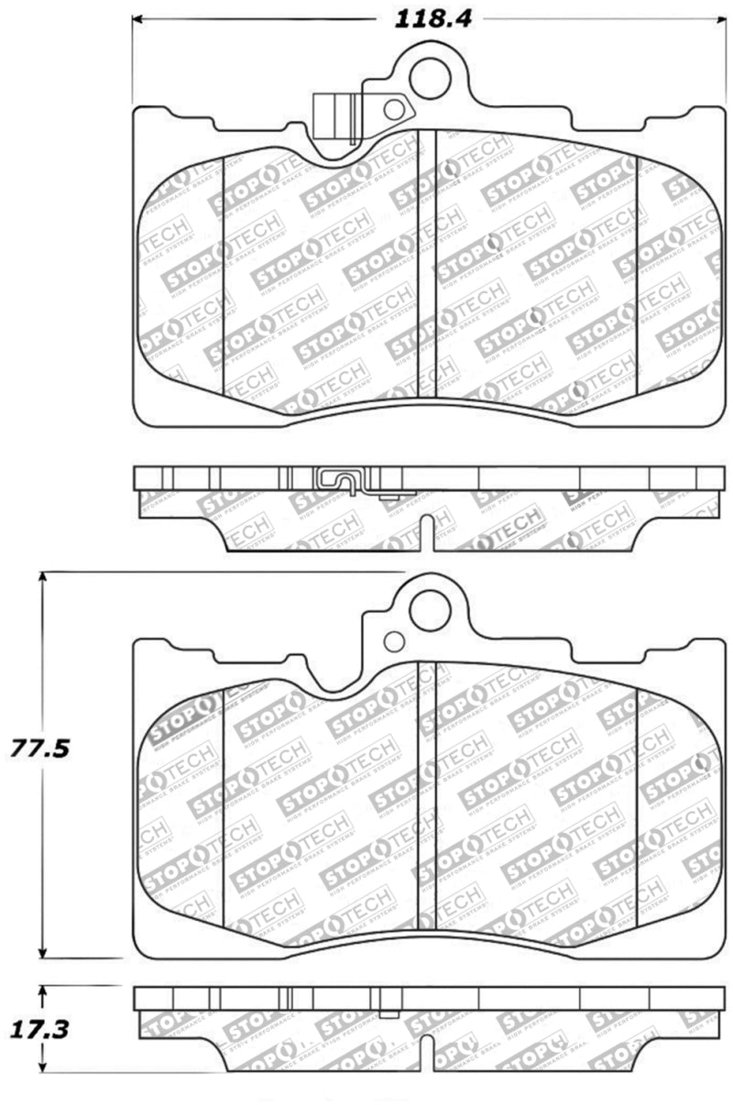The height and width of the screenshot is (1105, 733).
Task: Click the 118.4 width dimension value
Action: pos(433,18)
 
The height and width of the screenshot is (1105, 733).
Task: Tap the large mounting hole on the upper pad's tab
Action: pos(430,77)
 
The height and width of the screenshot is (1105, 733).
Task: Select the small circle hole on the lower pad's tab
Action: pos(394,641)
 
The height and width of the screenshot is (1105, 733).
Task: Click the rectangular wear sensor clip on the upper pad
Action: pos(334,117)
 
